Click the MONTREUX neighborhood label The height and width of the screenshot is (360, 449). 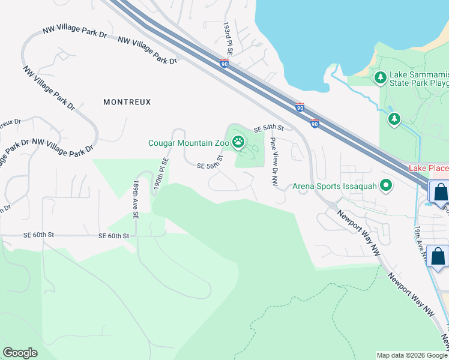(127, 102)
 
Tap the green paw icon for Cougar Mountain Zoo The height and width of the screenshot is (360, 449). (238, 142)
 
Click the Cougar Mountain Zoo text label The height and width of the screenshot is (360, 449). (188, 143)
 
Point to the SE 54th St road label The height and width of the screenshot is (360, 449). (268, 128)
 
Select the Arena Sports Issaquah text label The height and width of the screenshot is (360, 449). (335, 186)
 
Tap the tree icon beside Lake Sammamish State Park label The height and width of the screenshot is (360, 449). (380, 77)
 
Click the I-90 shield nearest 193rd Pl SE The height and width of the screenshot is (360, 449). (224, 64)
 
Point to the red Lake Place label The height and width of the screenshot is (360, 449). (429, 168)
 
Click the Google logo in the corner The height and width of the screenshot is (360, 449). (20, 352)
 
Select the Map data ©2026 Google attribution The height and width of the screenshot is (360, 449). (412, 355)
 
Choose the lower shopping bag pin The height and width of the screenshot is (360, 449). (438, 256)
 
